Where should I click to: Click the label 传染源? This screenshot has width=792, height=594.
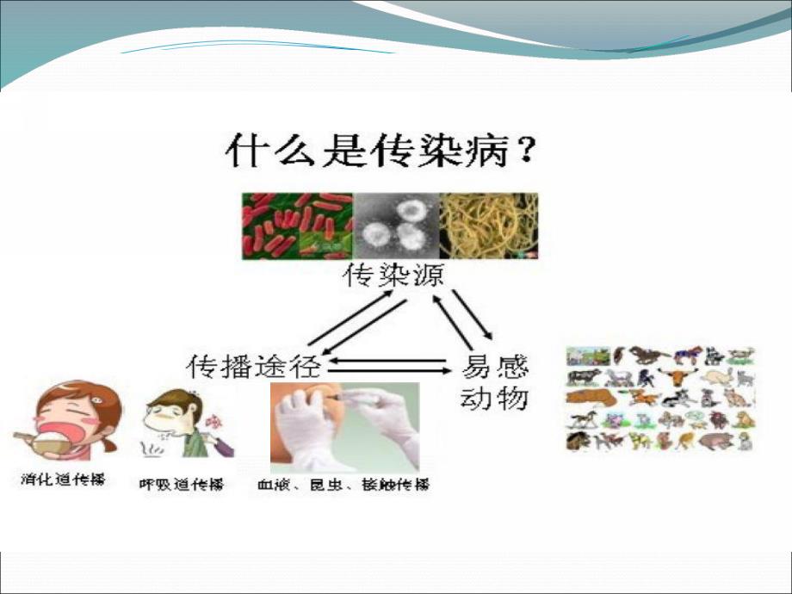[388, 277]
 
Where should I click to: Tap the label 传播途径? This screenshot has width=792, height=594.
[254, 367]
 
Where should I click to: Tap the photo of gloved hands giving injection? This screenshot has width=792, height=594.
[344, 427]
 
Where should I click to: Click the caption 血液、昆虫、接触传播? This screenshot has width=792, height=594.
[343, 485]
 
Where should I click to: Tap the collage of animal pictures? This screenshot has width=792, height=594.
[660, 399]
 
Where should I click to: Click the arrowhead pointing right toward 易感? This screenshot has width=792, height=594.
[446, 372]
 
